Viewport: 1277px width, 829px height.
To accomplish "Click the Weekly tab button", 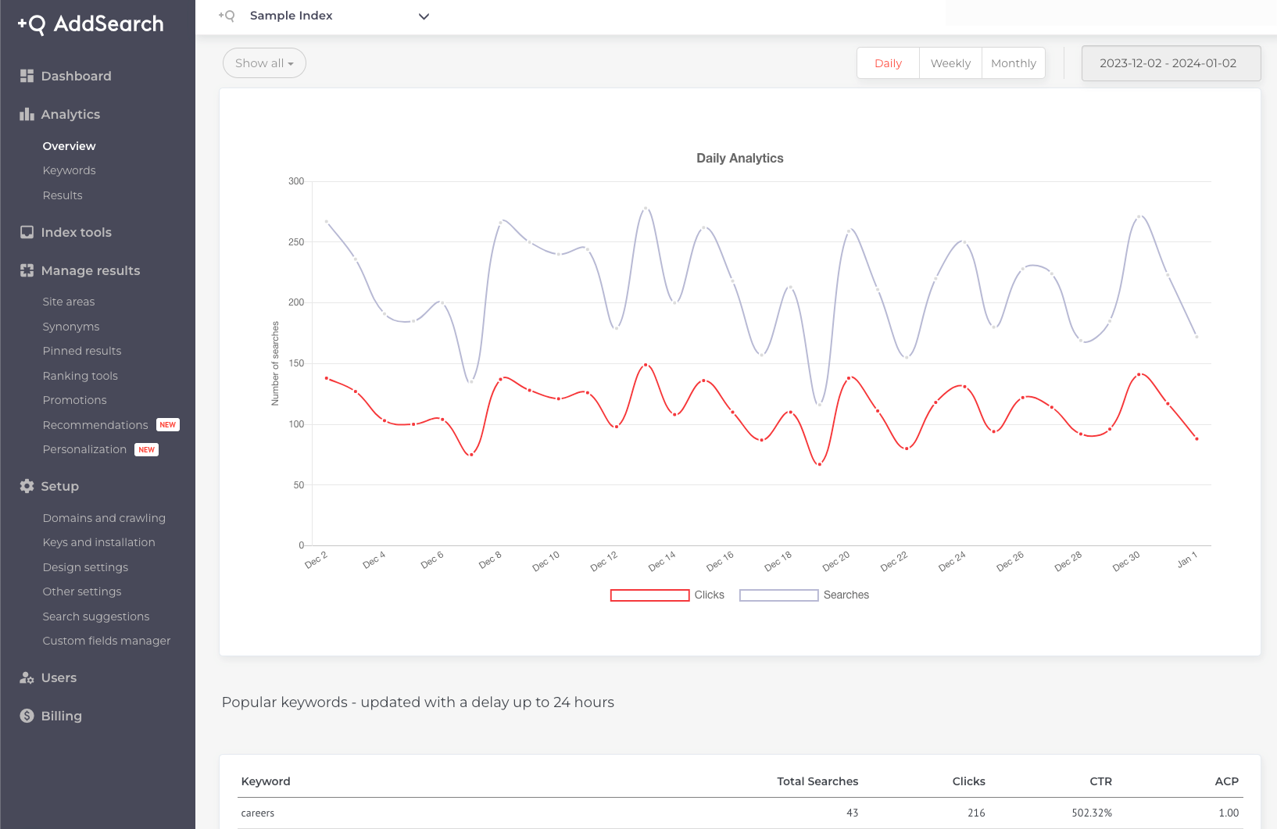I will [x=950, y=63].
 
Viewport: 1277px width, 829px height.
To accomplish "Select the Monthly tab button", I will [x=1013, y=63].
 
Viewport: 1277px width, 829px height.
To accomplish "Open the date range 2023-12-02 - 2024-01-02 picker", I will [x=1170, y=63].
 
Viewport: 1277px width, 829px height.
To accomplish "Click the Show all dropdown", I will [x=264, y=63].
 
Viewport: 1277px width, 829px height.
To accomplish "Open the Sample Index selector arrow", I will [x=424, y=16].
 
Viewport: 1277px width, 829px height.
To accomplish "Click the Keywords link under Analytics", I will [x=69, y=170].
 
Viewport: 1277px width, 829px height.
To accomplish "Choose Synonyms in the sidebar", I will [x=71, y=327].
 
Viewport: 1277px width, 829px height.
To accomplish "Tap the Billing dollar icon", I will [x=27, y=716].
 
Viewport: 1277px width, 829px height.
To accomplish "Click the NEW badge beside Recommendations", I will [x=168, y=425].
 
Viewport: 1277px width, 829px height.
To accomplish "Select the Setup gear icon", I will [x=27, y=486].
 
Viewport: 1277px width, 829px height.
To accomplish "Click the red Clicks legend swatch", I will [x=649, y=595].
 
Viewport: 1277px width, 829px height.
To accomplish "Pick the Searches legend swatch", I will [x=778, y=595].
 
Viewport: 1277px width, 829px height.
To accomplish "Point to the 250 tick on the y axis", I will [x=296, y=242].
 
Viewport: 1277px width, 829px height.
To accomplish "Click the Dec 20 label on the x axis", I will [x=835, y=561].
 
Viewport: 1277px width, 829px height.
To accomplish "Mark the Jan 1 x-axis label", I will [x=1186, y=559].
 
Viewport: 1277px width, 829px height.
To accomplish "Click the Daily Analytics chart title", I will [x=739, y=158].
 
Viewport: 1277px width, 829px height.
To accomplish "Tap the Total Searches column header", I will [x=817, y=781].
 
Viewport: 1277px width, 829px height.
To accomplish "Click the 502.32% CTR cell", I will [x=1091, y=813].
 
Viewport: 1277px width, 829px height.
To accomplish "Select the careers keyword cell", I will [x=258, y=813].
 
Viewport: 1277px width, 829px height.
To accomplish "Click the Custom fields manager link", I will [x=106, y=641].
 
